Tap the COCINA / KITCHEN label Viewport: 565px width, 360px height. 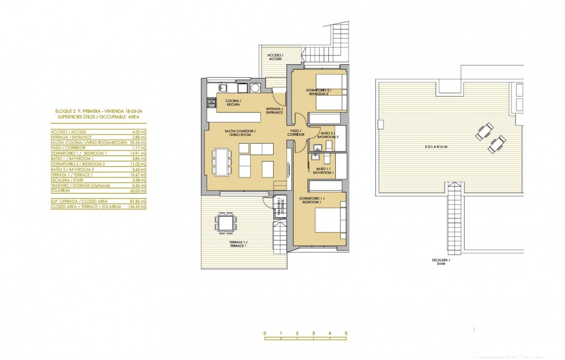pos(233,102)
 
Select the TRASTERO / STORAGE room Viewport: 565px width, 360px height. pos(279,206)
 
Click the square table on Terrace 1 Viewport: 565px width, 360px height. pos(226,222)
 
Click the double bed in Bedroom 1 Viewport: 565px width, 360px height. pos(330,220)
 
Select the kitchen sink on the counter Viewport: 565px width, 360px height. pos(223,88)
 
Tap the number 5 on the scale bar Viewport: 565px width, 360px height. pos(346,334)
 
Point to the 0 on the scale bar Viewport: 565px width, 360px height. pos(265,334)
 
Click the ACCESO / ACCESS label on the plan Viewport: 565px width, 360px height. pos(275,56)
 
